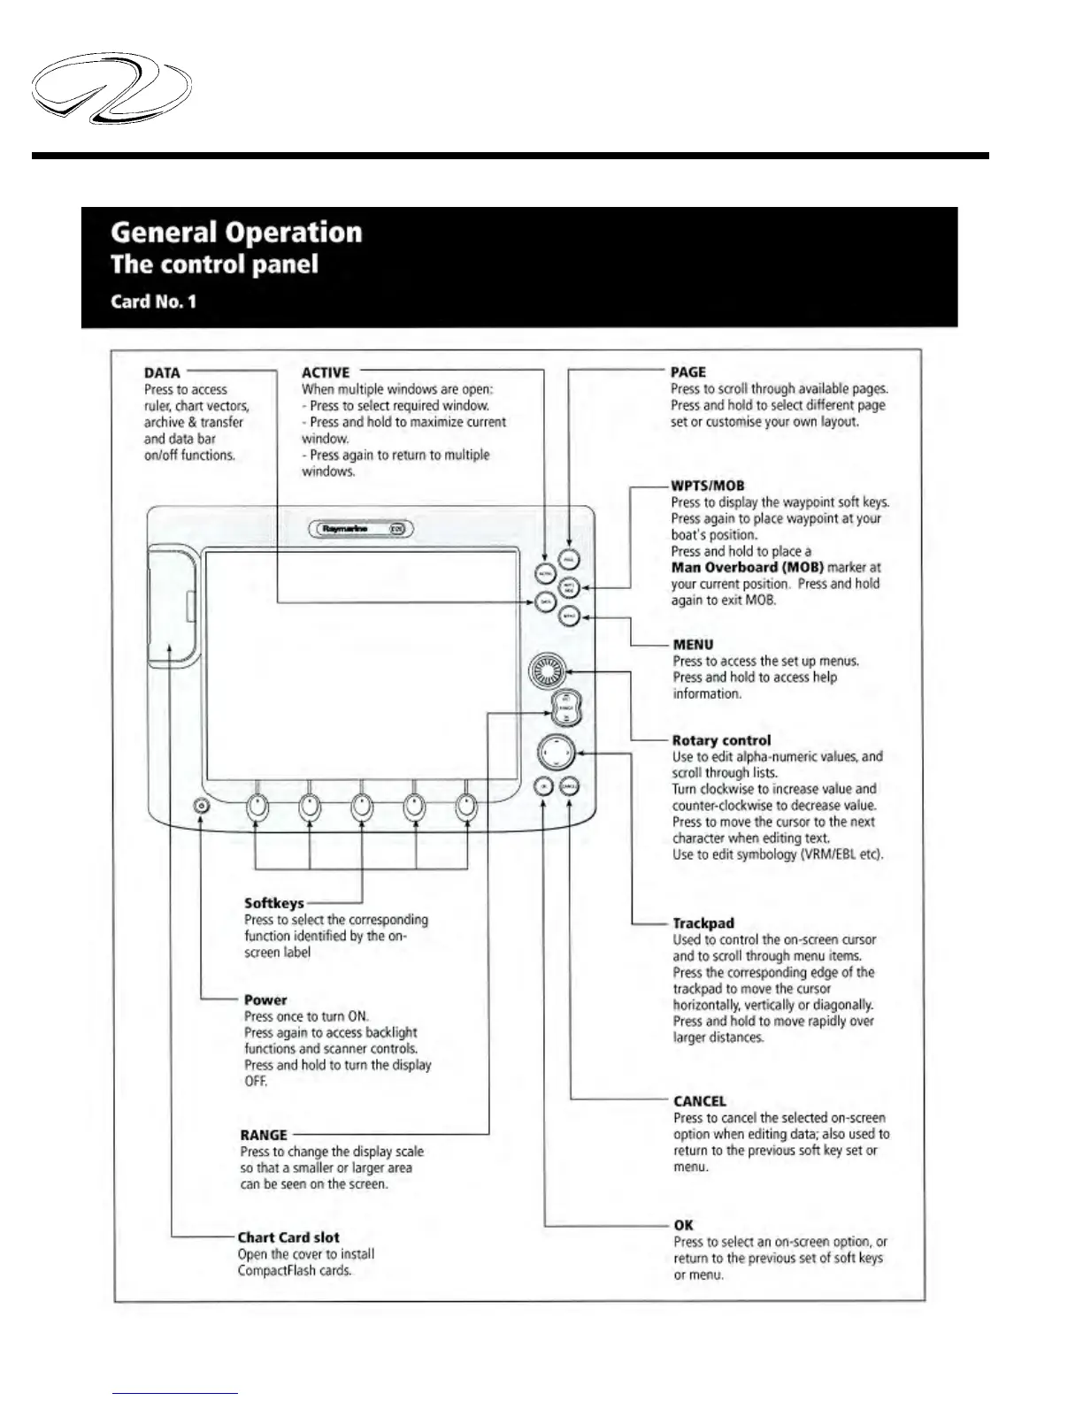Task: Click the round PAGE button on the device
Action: [x=570, y=560]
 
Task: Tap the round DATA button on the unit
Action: [x=546, y=601]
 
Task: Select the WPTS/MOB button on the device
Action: [x=570, y=587]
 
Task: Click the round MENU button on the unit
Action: [x=570, y=616]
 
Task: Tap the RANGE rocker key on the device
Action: [x=566, y=708]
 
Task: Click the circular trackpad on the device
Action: [x=556, y=754]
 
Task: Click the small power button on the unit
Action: [x=201, y=806]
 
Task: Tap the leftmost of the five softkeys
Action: [x=257, y=806]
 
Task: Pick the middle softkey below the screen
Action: [x=362, y=806]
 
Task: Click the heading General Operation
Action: [x=236, y=232]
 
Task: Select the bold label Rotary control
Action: [x=721, y=740]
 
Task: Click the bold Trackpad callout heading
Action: [x=703, y=923]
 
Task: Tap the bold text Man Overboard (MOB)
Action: [x=748, y=568]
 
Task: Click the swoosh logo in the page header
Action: [x=111, y=89]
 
